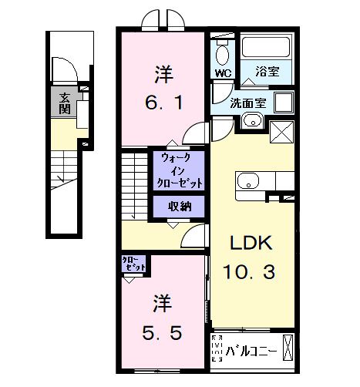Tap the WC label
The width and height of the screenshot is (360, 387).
pyautogui.click(x=222, y=74)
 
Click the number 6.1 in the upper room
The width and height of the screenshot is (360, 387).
pyautogui.click(x=163, y=101)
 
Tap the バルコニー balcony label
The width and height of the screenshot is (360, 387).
pyautogui.click(x=251, y=351)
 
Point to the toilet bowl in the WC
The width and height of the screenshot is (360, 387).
pyautogui.click(x=224, y=54)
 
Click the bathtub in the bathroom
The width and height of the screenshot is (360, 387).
pyautogui.click(x=267, y=49)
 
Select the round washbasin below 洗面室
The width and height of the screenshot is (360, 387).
pyautogui.click(x=250, y=120)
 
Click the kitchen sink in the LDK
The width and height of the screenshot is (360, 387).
pyautogui.click(x=248, y=182)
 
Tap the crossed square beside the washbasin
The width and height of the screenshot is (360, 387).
pyautogui.click(x=280, y=132)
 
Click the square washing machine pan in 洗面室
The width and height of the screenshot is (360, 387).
pyautogui.click(x=282, y=103)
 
